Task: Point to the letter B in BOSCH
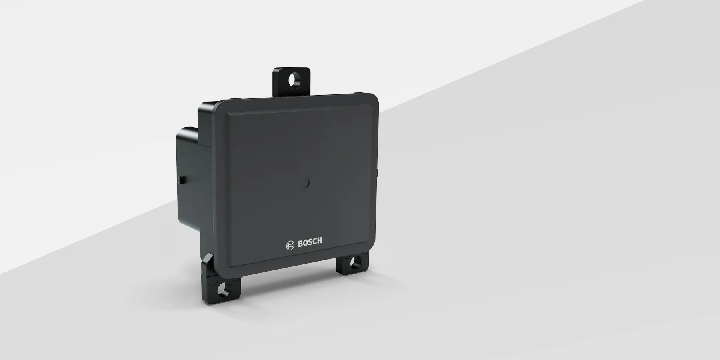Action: [x=301, y=244]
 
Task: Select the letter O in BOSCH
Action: [x=306, y=244]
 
